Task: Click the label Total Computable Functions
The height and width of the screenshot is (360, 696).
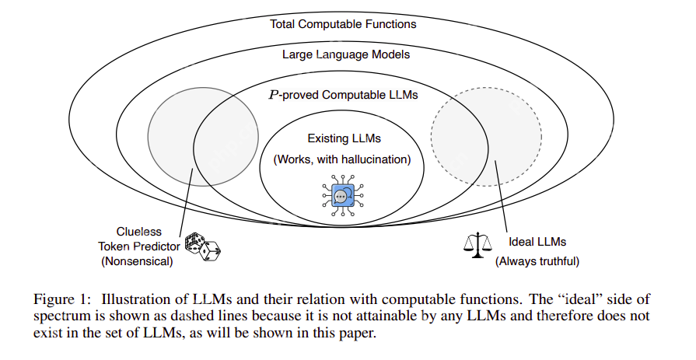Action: pos(343,24)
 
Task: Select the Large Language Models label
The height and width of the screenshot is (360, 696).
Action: pos(345,55)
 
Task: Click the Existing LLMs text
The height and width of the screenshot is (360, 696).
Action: pos(344,139)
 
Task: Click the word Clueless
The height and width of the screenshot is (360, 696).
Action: pos(140,231)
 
